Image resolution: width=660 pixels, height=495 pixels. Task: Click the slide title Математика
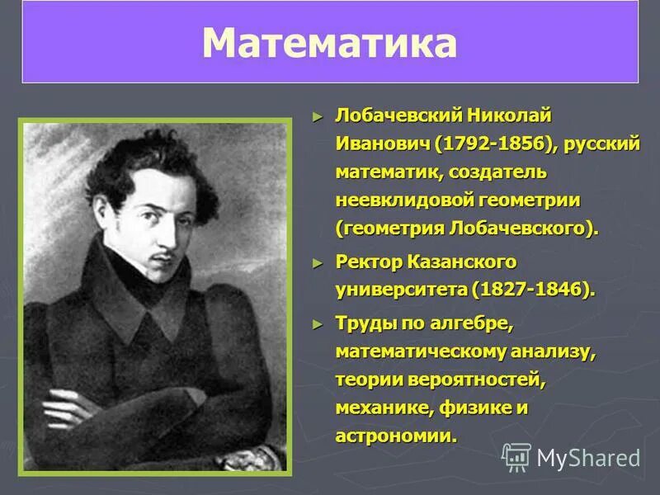[329, 44]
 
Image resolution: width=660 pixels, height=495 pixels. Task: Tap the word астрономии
[395, 436]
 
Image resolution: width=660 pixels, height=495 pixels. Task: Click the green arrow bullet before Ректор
[319, 262]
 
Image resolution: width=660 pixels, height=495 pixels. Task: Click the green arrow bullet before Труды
[319, 323]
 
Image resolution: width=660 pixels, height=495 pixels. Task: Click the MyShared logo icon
[516, 457]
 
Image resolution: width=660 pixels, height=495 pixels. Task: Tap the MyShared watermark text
[588, 458]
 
